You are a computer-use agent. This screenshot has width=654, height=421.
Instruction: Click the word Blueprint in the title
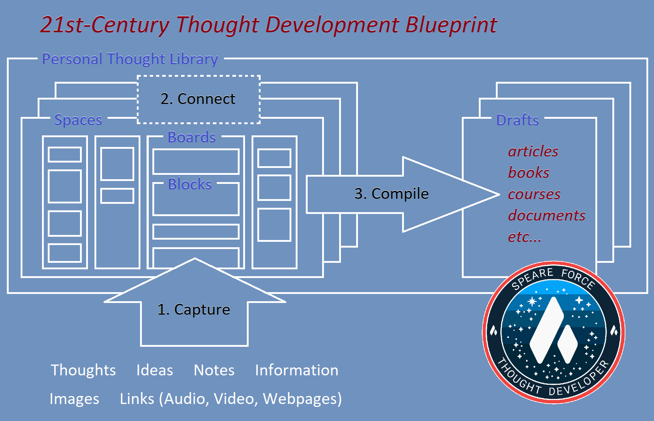point(451,25)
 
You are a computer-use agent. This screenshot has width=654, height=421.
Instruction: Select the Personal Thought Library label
point(130,59)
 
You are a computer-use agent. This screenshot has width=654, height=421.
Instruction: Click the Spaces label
point(78,120)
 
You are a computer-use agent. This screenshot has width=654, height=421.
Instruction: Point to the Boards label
point(192,137)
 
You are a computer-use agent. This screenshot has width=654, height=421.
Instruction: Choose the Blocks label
point(190,184)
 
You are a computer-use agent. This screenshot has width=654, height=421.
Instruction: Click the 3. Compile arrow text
point(392,194)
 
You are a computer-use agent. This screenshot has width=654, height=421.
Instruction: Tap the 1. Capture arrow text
point(194,310)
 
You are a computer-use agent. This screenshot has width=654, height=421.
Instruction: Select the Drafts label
point(518,120)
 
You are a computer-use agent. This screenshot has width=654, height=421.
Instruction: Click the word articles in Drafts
point(533,151)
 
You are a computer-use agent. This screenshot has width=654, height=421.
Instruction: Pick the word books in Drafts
point(529,172)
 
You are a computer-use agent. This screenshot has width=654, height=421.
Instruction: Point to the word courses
point(534,194)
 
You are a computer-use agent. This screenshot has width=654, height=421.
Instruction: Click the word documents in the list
point(547,215)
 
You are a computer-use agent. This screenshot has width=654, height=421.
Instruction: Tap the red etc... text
point(524,237)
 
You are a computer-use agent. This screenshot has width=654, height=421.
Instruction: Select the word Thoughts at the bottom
point(83,370)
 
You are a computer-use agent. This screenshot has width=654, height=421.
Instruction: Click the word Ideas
point(155,370)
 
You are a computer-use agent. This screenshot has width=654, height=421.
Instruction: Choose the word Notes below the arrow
point(214,370)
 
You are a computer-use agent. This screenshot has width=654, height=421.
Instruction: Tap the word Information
point(297,370)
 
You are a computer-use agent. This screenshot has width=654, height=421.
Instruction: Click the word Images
point(74,399)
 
